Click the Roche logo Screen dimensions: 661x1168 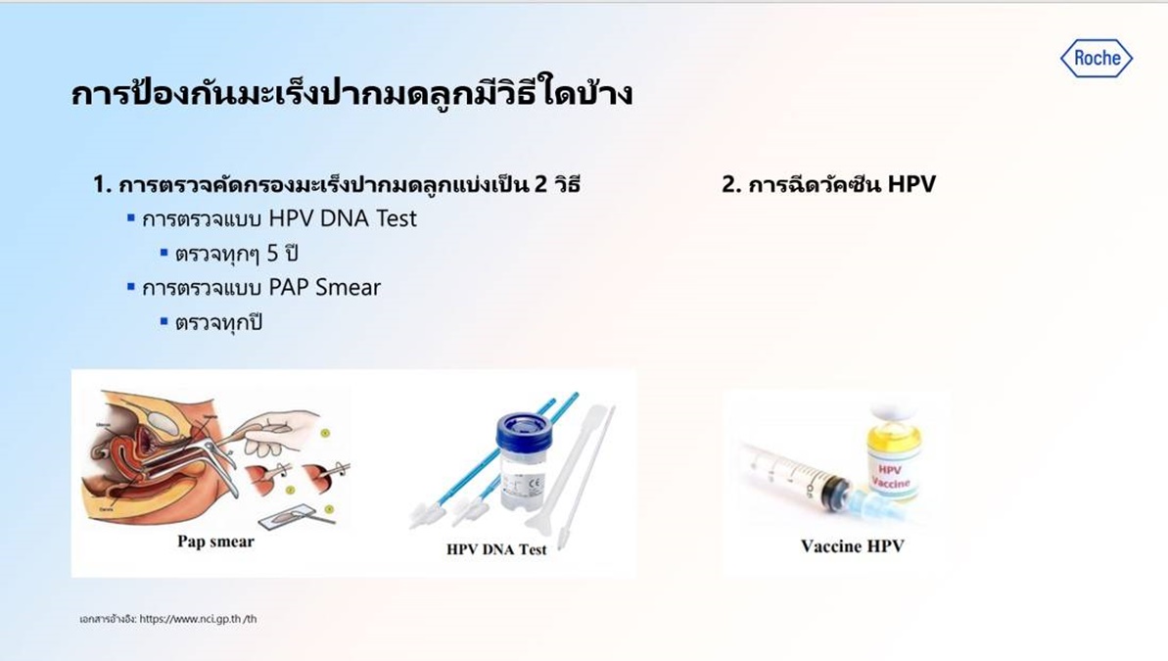(x=1097, y=59)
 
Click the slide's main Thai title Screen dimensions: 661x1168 (x=351, y=95)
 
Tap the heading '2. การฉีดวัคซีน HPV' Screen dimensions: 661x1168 (x=828, y=184)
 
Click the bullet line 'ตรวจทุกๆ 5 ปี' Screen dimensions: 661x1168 (x=235, y=254)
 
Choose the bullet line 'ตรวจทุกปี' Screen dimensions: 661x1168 (x=219, y=322)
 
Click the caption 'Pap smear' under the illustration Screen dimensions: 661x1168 (x=215, y=542)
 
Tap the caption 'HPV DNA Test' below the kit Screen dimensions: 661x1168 (x=496, y=549)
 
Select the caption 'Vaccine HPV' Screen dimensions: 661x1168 (x=852, y=545)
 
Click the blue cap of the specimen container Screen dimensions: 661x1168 (x=524, y=431)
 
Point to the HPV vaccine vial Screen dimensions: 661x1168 (x=893, y=455)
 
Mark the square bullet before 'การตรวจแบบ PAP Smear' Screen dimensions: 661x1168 (x=130, y=287)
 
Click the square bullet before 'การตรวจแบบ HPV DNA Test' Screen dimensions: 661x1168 (x=130, y=217)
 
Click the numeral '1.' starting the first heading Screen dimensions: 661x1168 (x=102, y=184)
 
